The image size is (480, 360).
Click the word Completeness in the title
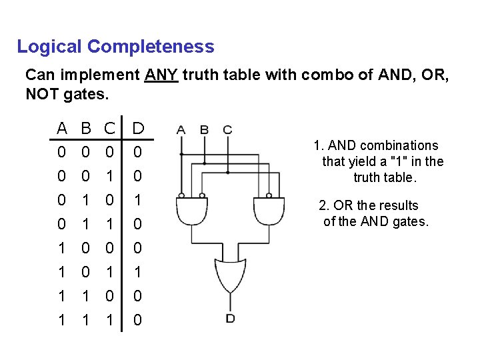tap(151, 47)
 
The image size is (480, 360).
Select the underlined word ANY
tap(161, 75)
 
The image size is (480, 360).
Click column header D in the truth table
tap(138, 127)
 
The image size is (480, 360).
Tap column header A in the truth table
tap(62, 127)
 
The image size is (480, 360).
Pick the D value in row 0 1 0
tap(137, 200)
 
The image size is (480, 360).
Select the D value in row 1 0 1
tap(137, 272)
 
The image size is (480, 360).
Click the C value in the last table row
tap(110, 320)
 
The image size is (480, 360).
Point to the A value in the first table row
tap(61, 153)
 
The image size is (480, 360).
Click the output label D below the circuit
tap(230, 319)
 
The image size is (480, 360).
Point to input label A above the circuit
tap(181, 129)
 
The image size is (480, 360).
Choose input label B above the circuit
tap(205, 129)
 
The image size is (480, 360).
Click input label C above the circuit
tap(228, 129)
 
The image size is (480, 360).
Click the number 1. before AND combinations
tap(318, 145)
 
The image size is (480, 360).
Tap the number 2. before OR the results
tap(324, 205)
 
